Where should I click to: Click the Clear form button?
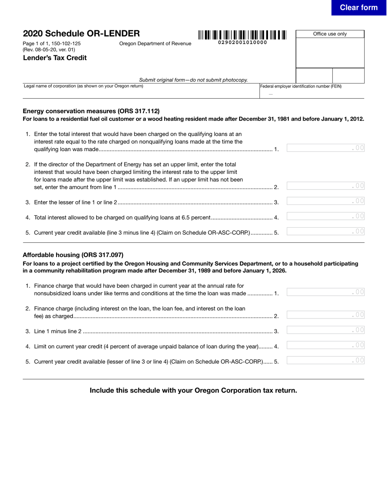(358, 8)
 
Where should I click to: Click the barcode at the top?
(242, 35)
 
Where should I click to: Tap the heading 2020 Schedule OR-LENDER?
(81, 33)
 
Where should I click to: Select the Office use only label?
(330, 34)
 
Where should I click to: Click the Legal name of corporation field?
(141, 93)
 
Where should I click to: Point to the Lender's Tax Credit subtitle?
(55, 58)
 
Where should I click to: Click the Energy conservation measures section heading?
(91, 111)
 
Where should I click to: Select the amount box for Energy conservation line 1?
(325, 148)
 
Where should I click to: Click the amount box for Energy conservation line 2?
(325, 186)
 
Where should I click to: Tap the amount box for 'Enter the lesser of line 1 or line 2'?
(325, 201)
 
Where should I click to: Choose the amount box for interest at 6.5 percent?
(325, 216)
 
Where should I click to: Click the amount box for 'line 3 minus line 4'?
(325, 231)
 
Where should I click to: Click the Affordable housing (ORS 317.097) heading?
(73, 255)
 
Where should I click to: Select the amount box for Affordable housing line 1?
(325, 292)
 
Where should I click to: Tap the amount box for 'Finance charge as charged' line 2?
(325, 315)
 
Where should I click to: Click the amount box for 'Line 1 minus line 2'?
(325, 330)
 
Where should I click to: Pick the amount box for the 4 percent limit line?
(325, 345)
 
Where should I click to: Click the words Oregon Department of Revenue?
(155, 44)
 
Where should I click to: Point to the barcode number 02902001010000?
(242, 42)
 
